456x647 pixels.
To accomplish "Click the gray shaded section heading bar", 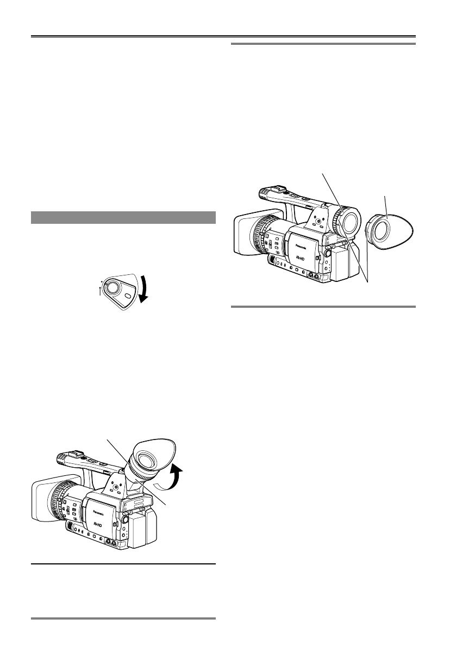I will pos(123,217).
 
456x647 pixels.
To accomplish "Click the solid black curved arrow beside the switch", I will pos(144,288).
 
